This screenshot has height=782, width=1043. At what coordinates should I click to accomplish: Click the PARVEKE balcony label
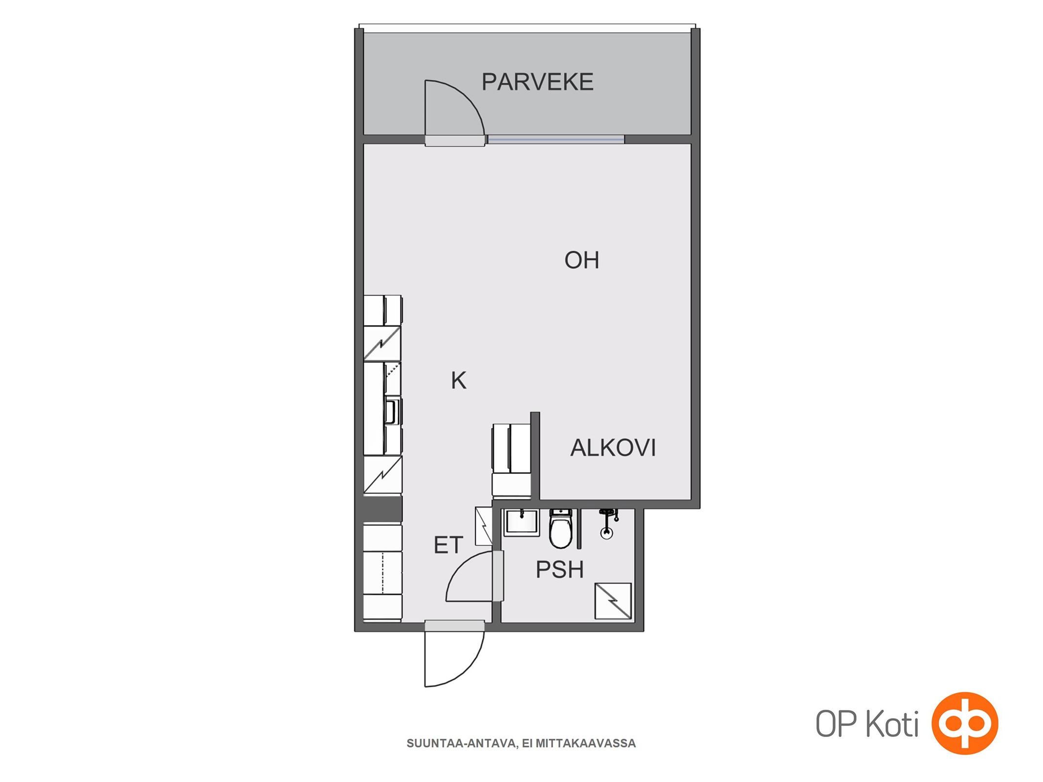(x=537, y=82)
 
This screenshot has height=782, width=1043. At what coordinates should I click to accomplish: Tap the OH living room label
(x=581, y=260)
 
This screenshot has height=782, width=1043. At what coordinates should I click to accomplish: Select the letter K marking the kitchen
(x=458, y=380)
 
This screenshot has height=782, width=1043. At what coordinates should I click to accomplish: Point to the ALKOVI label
(x=613, y=447)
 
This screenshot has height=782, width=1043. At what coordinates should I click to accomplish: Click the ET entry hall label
(x=448, y=545)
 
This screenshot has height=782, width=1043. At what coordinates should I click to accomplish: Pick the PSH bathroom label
(x=560, y=569)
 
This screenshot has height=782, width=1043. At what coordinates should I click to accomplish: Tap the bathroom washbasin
(x=521, y=522)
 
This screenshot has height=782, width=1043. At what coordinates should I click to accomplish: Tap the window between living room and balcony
(x=556, y=140)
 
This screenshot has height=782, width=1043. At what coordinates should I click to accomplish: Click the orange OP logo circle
(x=964, y=723)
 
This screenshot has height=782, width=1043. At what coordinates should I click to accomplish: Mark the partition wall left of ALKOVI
(x=535, y=456)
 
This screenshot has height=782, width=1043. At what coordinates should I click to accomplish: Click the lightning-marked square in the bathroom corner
(x=613, y=601)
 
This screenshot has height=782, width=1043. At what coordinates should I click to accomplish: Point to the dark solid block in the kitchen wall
(x=382, y=509)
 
